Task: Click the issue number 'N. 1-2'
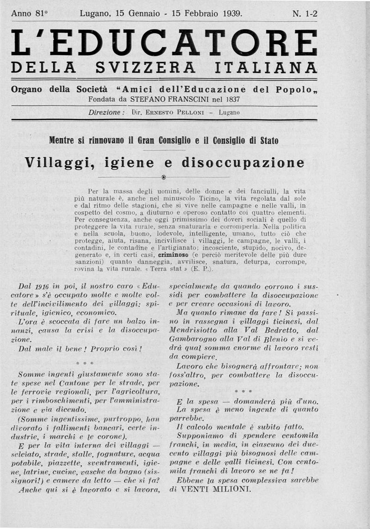tap(305, 13)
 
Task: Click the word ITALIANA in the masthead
tap(266, 68)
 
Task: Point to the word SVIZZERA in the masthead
tap(145, 68)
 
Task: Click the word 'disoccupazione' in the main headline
tap(243, 163)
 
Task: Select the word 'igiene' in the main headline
tap(131, 163)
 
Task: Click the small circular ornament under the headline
tap(164, 178)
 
